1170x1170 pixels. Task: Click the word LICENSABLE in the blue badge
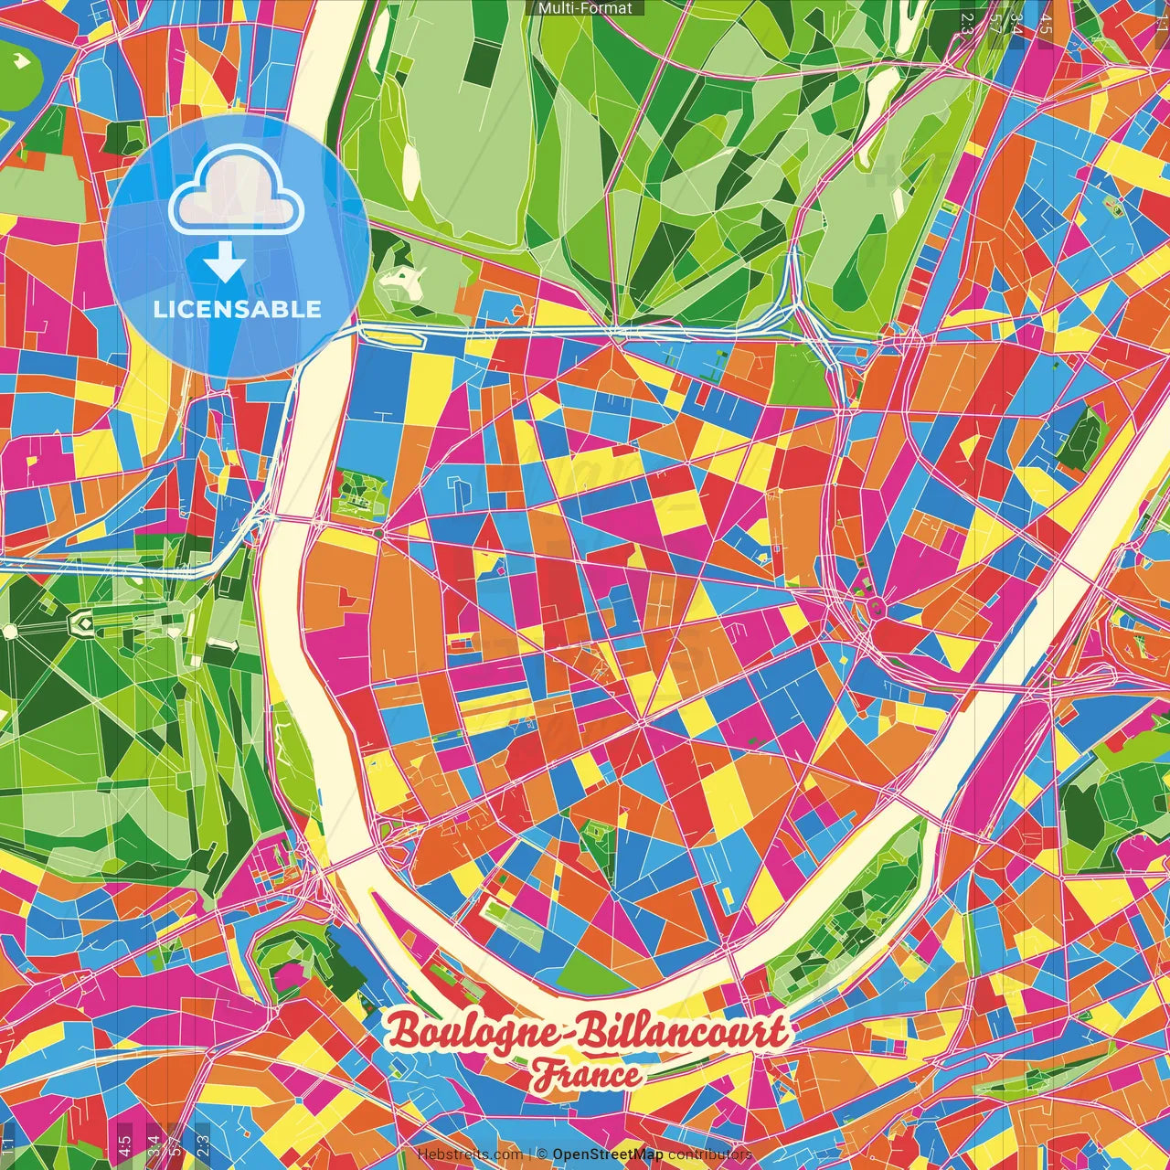pos(238,309)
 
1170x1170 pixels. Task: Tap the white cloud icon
pos(236,192)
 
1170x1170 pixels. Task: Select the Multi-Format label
pos(585,8)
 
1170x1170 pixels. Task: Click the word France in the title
pos(588,1075)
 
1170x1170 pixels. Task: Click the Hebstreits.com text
pos(470,1154)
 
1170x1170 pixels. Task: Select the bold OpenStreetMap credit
pos(608,1154)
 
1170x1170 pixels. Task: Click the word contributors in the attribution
pos(710,1154)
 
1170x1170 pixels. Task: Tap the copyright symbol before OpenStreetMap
pos(541,1154)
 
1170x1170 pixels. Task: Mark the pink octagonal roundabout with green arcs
pos(876,605)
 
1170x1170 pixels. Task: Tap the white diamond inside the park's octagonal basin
pos(83,624)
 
